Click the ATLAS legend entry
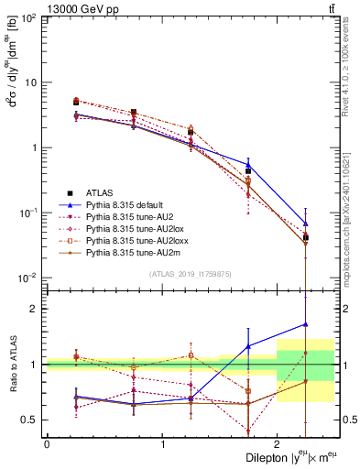pos(100,192)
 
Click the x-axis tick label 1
pos(162,443)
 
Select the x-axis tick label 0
pos(47,443)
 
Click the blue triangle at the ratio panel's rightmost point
pos(306,323)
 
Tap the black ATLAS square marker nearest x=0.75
pos(134,112)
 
